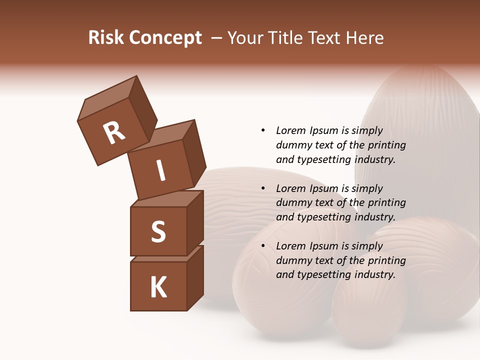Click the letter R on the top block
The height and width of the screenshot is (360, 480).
click(x=114, y=133)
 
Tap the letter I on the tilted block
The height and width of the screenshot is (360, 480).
click(x=161, y=170)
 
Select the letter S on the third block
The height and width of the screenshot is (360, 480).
click(x=158, y=231)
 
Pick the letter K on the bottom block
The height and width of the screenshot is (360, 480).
click(x=158, y=287)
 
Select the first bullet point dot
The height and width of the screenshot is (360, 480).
click(x=263, y=131)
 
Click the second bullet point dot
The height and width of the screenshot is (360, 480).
click(x=263, y=188)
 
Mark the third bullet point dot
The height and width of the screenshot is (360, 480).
click(x=263, y=246)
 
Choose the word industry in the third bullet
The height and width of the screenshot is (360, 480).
click(x=374, y=274)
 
